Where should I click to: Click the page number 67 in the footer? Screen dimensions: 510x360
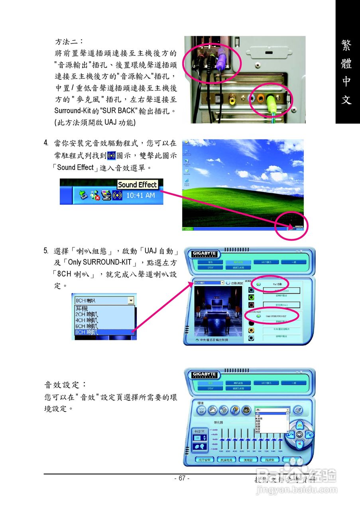182,478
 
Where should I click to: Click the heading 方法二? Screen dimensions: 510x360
69,41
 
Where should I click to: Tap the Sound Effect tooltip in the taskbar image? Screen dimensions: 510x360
138,184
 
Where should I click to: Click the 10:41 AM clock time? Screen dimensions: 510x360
140,196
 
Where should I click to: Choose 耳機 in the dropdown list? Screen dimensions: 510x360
81,308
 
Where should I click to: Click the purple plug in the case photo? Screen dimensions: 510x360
222,60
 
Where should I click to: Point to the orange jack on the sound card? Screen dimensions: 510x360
261,98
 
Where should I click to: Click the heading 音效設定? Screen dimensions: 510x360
65,385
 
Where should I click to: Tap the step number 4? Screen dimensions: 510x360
46,143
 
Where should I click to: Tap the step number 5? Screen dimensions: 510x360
46,251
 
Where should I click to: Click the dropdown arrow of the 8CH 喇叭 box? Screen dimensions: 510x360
130,300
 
